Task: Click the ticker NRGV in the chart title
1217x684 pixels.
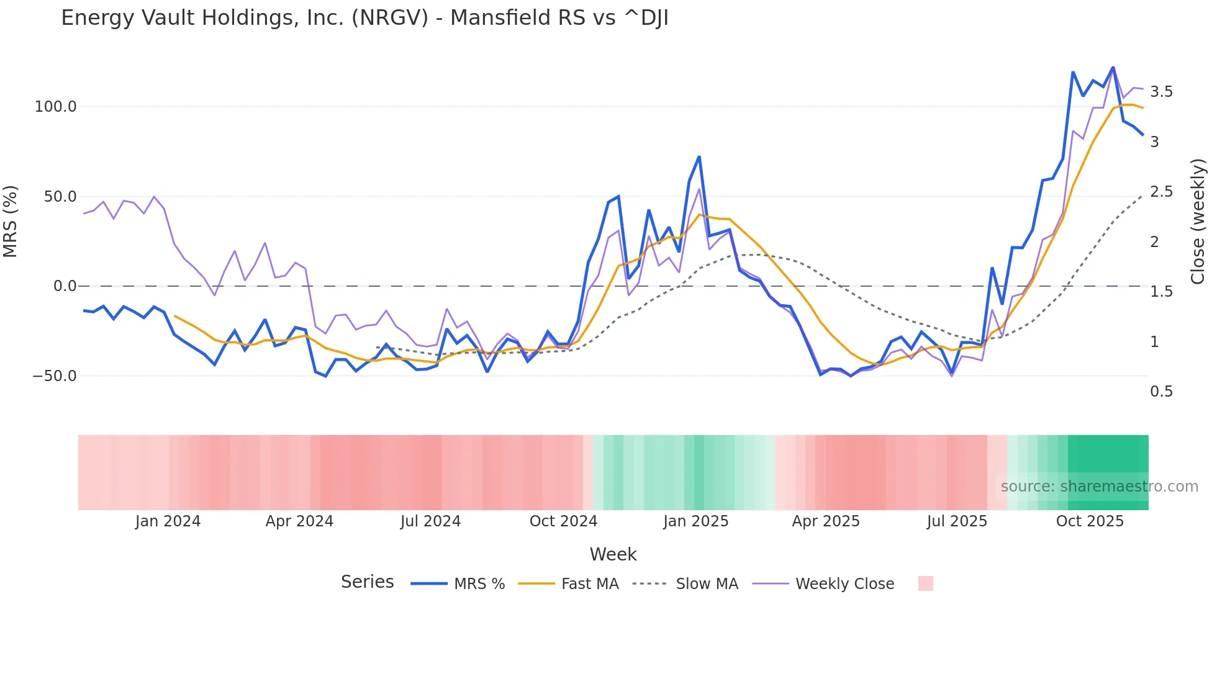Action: coord(390,17)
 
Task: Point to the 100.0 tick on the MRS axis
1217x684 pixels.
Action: coord(55,107)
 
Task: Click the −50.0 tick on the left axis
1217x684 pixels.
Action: coord(55,376)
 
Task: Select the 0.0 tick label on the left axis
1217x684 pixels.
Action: coord(65,286)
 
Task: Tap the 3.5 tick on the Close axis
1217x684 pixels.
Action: coord(1161,92)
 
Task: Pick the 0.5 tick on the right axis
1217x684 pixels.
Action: coord(1161,392)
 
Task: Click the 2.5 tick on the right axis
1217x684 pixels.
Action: coord(1161,192)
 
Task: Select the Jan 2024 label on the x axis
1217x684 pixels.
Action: coord(168,521)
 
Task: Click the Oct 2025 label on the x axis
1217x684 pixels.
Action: coord(1090,521)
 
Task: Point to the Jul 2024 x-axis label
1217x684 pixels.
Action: coord(430,521)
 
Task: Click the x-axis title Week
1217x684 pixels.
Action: coord(613,554)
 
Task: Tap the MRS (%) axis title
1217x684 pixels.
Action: coord(11,222)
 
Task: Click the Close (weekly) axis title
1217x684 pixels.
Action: coord(1198,222)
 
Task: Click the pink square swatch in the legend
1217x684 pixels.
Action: coord(925,583)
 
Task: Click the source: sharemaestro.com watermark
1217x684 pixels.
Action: coord(1099,487)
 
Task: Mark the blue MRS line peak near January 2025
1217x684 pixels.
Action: coord(699,157)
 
